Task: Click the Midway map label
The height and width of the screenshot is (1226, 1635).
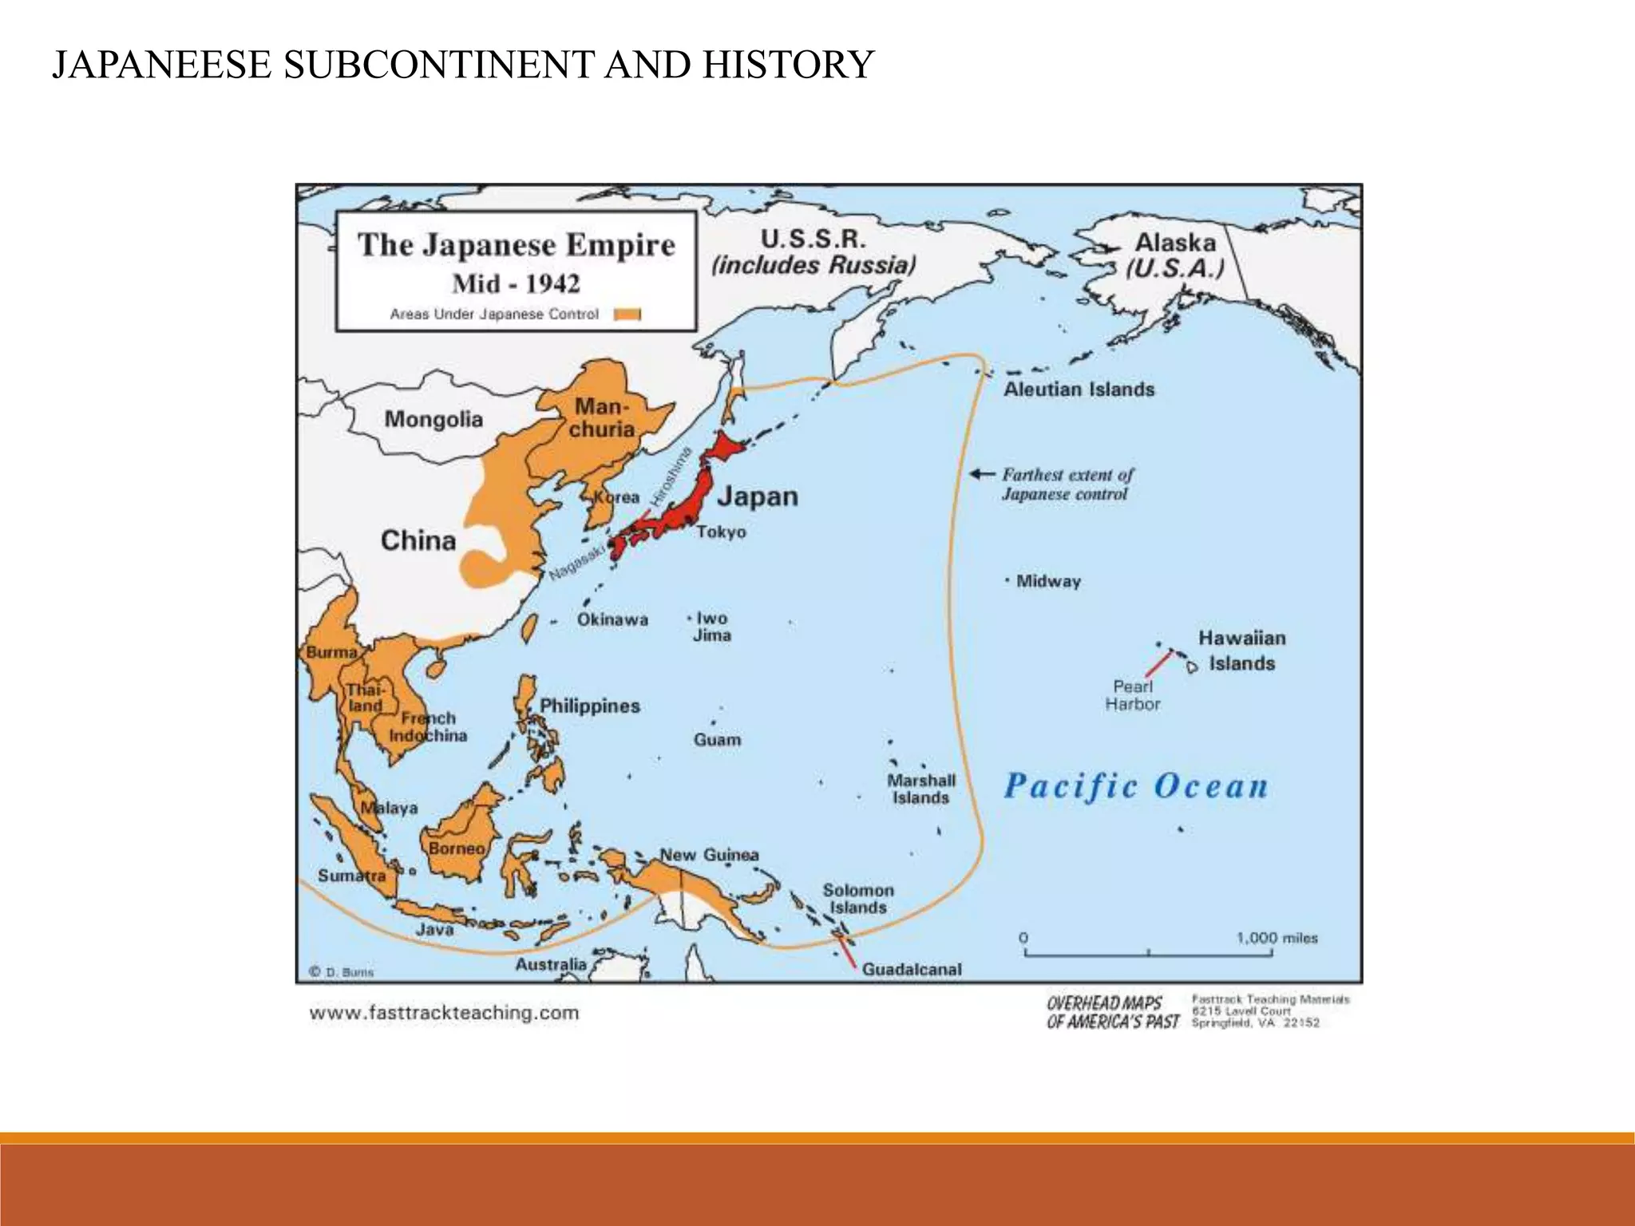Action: [x=1047, y=581]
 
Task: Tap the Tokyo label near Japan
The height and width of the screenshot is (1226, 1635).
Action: [x=721, y=532]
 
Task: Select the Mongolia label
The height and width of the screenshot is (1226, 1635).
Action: [x=433, y=419]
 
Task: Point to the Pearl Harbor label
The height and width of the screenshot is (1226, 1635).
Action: [x=1132, y=695]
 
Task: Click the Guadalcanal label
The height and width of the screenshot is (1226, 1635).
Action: [x=912, y=969]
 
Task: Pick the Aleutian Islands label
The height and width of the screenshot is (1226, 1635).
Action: [x=1079, y=390]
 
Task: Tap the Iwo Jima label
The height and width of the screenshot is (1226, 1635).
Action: [x=711, y=627]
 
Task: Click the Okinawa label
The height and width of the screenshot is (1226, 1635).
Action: [x=612, y=619]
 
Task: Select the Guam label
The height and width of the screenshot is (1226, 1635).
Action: [x=717, y=740]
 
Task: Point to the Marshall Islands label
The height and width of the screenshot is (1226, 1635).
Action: [x=921, y=789]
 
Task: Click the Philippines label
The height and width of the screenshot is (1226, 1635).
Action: [x=590, y=706]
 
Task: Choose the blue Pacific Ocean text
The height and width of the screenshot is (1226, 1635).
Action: [x=1135, y=786]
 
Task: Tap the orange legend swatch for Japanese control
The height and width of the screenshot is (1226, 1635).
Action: [x=627, y=314]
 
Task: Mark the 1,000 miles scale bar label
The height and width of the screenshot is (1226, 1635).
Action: [x=1277, y=938]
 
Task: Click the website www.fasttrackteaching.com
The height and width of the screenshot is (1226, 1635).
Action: [x=444, y=1013]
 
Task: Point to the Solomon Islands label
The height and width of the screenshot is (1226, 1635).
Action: [x=858, y=899]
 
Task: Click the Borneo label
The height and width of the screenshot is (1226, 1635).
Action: [x=457, y=848]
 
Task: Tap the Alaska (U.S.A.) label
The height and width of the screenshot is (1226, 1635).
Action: [x=1175, y=255]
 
